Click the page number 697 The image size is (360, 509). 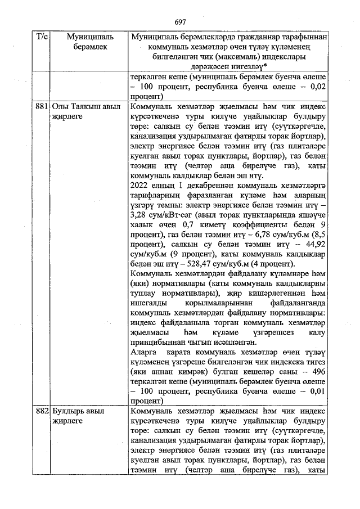pyautogui.click(x=180, y=22)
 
